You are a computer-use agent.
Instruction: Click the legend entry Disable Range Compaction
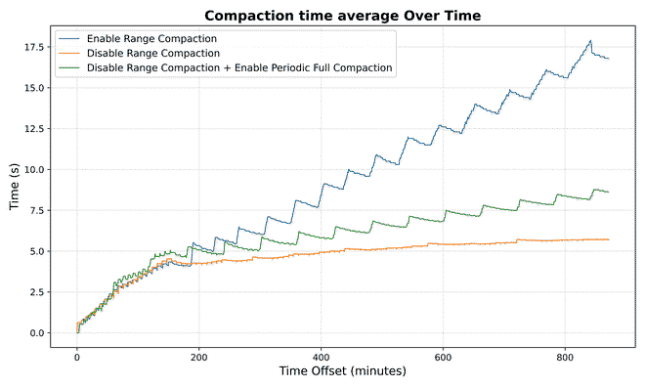151,53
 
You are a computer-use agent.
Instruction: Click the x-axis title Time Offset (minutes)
343,371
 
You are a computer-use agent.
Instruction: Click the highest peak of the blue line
590,41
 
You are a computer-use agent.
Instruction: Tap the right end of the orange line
609,239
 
